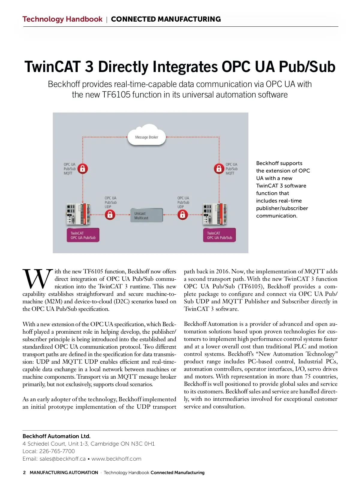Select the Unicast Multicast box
[x=146, y=215]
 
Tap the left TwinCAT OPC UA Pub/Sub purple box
[x=83, y=235]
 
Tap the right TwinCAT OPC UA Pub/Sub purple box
[x=219, y=235]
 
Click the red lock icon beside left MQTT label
[x=82, y=169]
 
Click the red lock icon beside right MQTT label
[x=219, y=169]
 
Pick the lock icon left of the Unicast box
[x=110, y=215]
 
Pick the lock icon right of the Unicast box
[x=182, y=215]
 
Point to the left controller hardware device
[x=78, y=214]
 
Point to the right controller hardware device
[x=215, y=214]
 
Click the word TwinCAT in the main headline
[x=53, y=67]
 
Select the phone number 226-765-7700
[x=57, y=451]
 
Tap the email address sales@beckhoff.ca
[x=62, y=459]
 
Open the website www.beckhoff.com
[x=116, y=459]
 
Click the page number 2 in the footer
[x=24, y=473]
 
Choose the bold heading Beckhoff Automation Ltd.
[x=56, y=436]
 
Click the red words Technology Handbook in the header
[x=62, y=19]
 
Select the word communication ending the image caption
[x=276, y=216]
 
